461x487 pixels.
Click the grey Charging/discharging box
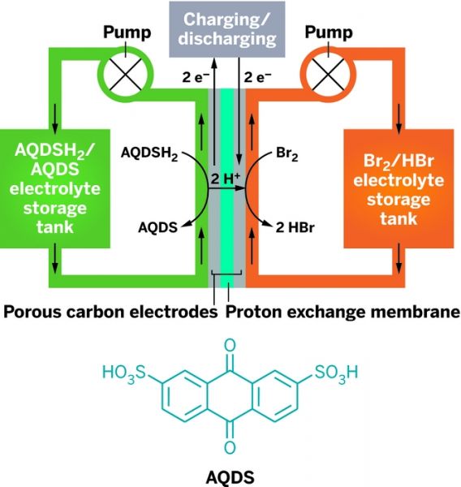pyautogui.click(x=227, y=29)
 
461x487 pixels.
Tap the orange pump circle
pyautogui.click(x=353, y=75)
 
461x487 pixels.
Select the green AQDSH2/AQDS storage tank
pyautogui.click(x=55, y=188)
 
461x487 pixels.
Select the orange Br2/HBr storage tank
pyautogui.click(x=399, y=188)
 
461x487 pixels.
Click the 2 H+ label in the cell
pyautogui.click(x=226, y=179)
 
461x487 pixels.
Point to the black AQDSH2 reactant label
pyautogui.click(x=149, y=153)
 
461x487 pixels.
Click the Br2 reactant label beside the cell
pyautogui.click(x=287, y=154)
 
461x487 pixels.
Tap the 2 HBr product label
pyautogui.click(x=295, y=227)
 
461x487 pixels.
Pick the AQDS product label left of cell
pyautogui.click(x=157, y=227)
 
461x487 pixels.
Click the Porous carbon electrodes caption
pyautogui.click(x=110, y=312)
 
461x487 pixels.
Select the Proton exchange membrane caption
pyautogui.click(x=343, y=312)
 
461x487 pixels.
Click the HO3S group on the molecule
pyautogui.click(x=124, y=373)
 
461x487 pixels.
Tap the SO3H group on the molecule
pyautogui.click(x=336, y=373)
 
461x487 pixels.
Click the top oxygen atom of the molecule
pyautogui.click(x=230, y=346)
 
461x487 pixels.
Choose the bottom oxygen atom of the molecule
pyautogui.click(x=230, y=447)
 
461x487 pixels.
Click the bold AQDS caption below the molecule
pyautogui.click(x=230, y=476)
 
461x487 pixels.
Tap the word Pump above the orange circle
pyautogui.click(x=329, y=33)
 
